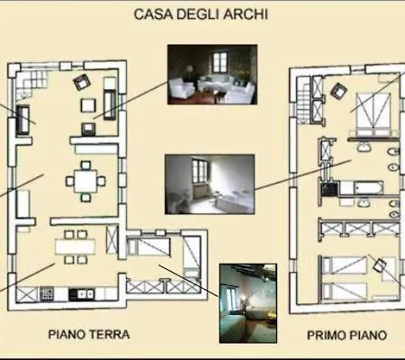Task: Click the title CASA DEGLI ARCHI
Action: (201, 14)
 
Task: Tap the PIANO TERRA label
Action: (89, 334)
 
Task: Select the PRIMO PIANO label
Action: (346, 335)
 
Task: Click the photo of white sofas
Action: (212, 75)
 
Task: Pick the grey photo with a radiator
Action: (210, 184)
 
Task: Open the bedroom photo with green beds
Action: (248, 303)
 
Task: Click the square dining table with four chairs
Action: (85, 181)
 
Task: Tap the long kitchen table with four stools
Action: (75, 247)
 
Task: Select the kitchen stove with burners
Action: (47, 293)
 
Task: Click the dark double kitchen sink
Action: (82, 294)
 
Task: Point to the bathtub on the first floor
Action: (368, 188)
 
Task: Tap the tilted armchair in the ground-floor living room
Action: (82, 81)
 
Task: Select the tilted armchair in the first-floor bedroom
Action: (339, 90)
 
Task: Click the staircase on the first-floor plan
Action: (303, 101)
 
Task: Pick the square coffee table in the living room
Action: (88, 105)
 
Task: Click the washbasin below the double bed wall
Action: (364, 147)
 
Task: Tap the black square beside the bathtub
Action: (329, 189)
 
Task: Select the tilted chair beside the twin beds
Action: (380, 265)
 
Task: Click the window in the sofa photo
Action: (220, 62)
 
